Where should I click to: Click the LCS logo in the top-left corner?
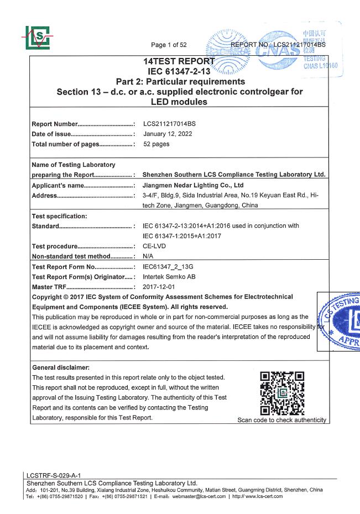36,38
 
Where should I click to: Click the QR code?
282,393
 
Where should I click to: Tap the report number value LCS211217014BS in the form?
169,124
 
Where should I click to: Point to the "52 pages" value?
156,144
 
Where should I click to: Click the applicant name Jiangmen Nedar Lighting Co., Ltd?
193,185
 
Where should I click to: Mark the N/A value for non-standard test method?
148,256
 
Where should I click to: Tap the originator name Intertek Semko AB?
169,276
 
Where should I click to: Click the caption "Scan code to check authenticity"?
281,420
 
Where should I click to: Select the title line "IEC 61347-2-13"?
180,71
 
